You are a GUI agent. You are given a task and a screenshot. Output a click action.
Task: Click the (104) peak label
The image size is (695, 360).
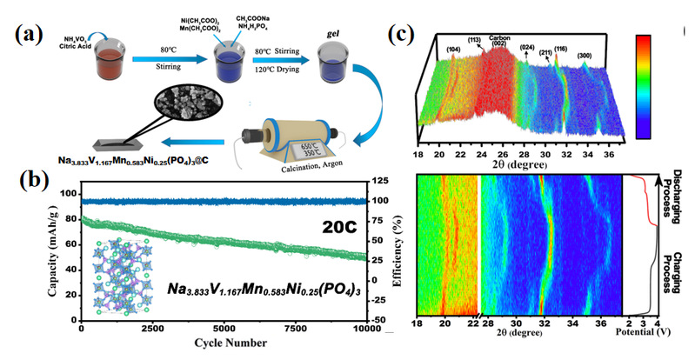point(453,49)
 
